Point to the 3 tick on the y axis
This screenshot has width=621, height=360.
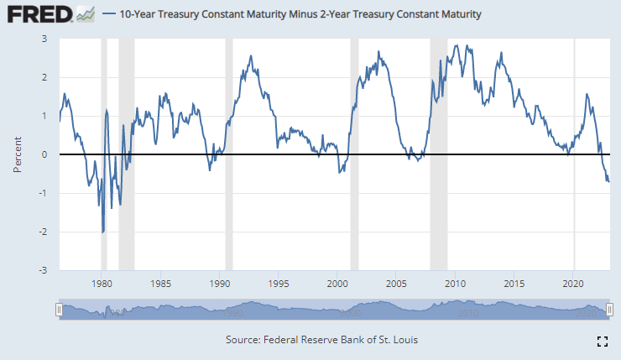coord(44,39)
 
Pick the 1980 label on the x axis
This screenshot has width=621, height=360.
coord(101,283)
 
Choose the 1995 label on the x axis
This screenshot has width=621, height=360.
coord(279,283)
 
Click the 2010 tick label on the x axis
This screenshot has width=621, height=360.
coord(456,283)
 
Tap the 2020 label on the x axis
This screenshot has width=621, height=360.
coord(574,283)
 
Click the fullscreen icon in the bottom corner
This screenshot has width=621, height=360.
coord(601,341)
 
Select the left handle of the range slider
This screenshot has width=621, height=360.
coord(59,310)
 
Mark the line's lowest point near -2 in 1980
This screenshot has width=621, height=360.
coord(102,232)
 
